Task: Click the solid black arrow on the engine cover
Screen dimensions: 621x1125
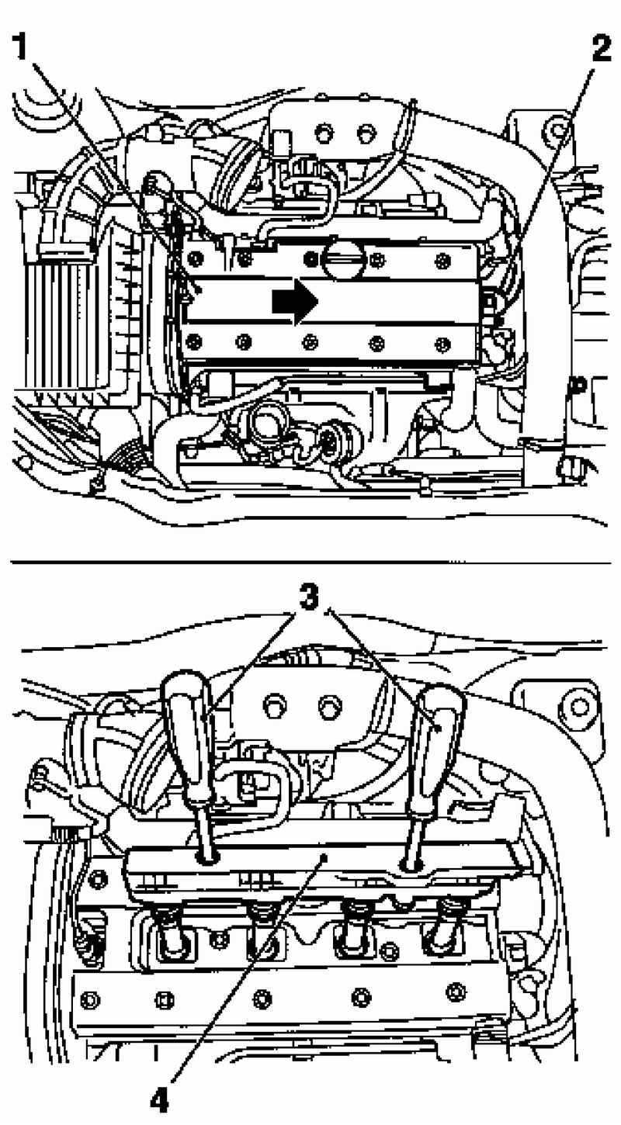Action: (x=295, y=301)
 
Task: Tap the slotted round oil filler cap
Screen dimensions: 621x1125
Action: (x=343, y=259)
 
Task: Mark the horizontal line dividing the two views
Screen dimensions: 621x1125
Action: (x=310, y=562)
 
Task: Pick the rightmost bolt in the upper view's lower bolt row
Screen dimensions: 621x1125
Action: (x=441, y=344)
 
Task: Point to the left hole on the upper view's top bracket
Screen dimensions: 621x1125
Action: (x=323, y=133)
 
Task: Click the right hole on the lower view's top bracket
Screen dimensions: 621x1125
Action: (x=327, y=704)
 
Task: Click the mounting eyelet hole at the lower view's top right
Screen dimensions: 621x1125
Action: (x=579, y=707)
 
